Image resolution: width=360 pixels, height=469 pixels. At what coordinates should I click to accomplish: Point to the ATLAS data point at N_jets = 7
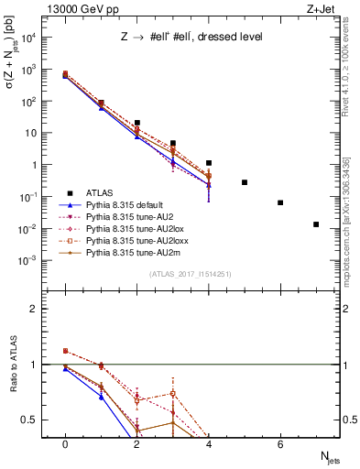[316, 224]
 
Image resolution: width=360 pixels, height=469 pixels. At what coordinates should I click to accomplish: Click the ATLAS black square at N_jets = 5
[245, 182]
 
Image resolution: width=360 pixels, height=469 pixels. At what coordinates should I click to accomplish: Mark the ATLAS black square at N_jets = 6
[280, 202]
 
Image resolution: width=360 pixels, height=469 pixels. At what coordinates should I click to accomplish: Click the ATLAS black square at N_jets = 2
[136, 123]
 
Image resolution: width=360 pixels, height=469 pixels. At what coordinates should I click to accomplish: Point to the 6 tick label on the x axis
[280, 444]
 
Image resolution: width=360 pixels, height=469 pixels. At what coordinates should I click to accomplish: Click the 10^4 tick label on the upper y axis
[28, 38]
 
